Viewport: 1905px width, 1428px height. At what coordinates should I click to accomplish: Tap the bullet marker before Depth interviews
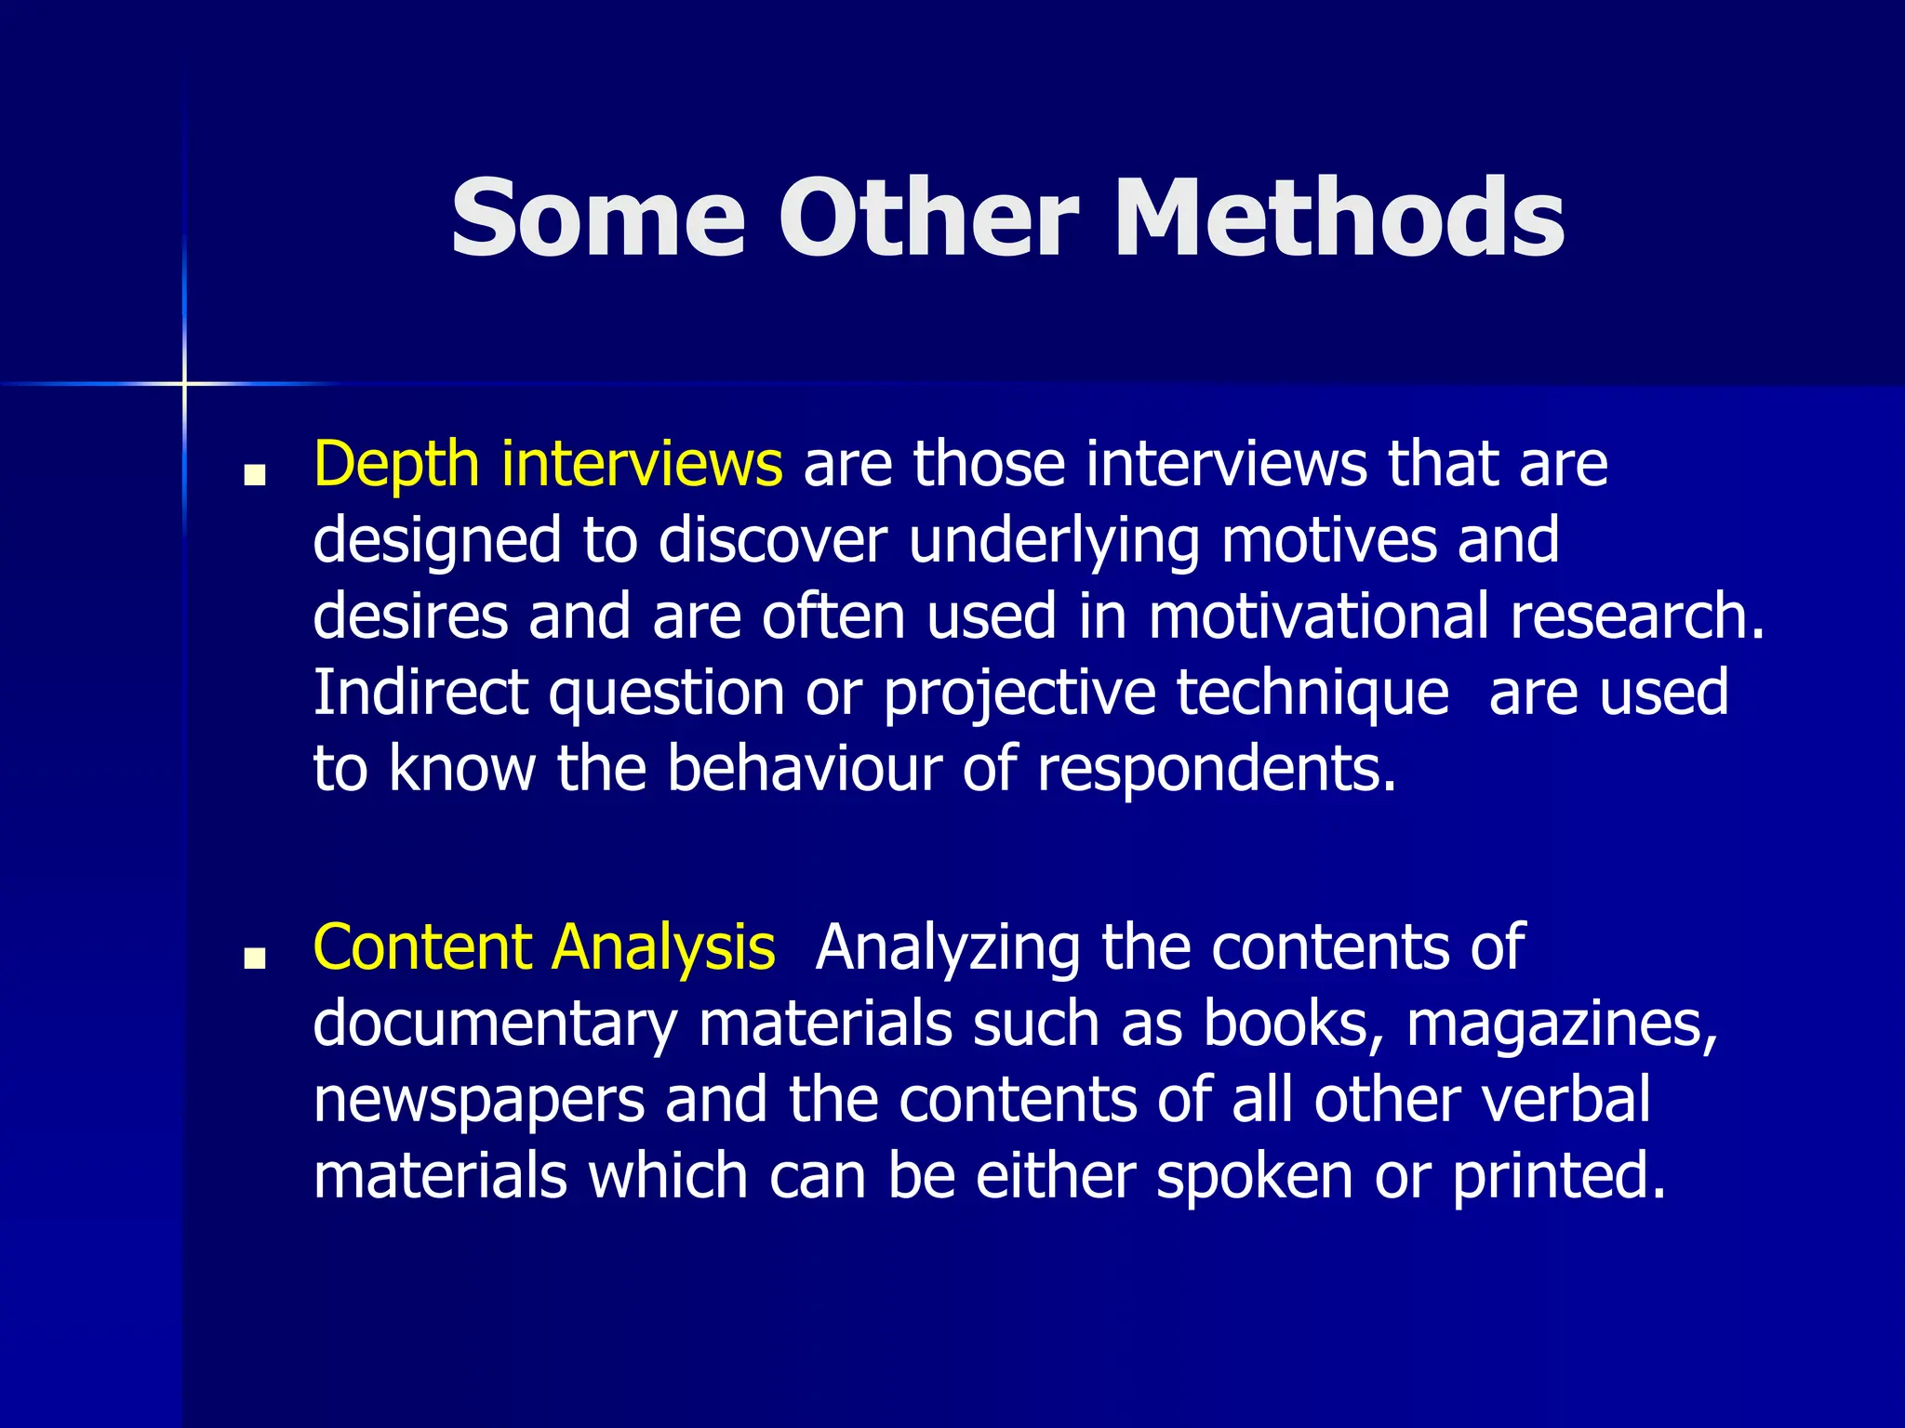point(253,476)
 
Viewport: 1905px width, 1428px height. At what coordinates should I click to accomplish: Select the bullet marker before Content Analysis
point(253,959)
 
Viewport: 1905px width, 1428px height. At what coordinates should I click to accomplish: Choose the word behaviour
point(804,770)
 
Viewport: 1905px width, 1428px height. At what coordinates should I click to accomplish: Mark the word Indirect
point(420,693)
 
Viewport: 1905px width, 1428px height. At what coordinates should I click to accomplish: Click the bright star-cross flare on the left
point(184,383)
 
